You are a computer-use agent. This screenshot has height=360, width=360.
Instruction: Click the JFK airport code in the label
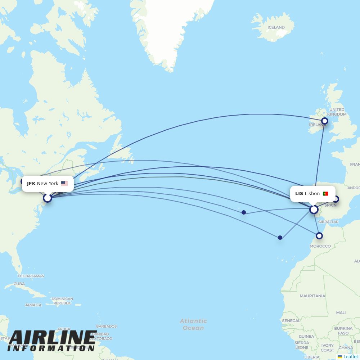[31, 184]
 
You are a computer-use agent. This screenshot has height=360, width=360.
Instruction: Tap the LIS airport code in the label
[299, 194]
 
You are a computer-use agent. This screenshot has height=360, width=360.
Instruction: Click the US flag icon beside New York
[64, 184]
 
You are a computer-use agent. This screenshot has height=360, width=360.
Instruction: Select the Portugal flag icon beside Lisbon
[325, 194]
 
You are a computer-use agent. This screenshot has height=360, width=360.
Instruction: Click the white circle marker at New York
[48, 198]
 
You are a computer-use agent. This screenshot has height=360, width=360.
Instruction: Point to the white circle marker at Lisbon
[314, 210]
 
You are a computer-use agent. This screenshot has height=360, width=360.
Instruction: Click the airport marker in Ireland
[325, 121]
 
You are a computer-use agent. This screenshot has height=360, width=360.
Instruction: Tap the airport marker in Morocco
[319, 236]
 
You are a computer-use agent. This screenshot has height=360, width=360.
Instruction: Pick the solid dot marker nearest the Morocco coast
[280, 238]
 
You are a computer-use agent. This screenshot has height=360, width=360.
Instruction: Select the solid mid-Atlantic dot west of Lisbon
[244, 212]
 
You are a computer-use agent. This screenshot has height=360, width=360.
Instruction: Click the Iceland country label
[276, 27]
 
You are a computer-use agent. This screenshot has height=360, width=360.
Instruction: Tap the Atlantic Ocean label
[193, 324]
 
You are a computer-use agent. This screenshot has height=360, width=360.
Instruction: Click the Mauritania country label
[312, 296]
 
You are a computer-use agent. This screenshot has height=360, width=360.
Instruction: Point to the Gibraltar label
[328, 222]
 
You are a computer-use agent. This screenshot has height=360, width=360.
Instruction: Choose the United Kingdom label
[337, 112]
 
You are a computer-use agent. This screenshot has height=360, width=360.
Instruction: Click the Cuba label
[19, 284]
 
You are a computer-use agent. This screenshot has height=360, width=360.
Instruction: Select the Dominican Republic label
[62, 301]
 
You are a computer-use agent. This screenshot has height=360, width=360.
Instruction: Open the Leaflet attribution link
[350, 357]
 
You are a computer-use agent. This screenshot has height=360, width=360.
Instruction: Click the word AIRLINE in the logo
[53, 338]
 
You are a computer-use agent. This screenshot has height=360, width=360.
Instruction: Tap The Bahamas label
[31, 276]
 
